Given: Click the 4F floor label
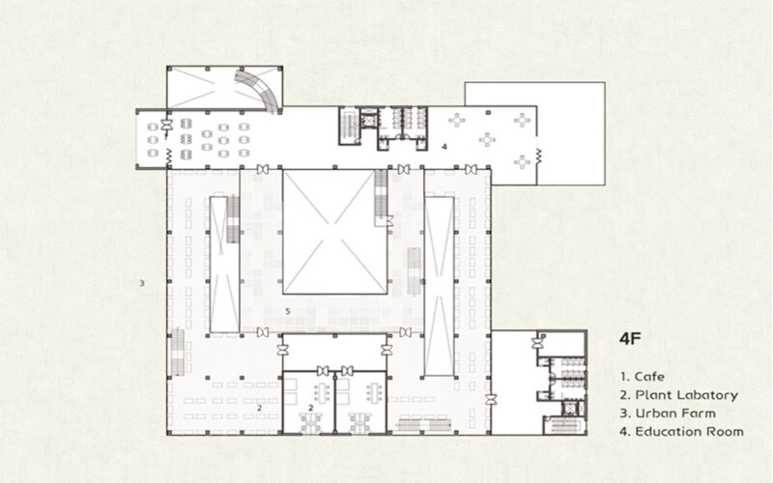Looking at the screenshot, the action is point(630,339).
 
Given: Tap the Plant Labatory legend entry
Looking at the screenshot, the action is point(679,395).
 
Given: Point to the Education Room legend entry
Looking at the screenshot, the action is point(682,432).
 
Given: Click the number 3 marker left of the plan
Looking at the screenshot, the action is point(141,283).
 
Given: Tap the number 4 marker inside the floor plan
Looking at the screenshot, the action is point(444,147).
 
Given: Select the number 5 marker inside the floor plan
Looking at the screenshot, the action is point(288,311).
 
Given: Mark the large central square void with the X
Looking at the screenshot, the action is point(334,232).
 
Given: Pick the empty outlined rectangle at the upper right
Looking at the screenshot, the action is point(570,133).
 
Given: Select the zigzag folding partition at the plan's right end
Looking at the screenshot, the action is point(538,156).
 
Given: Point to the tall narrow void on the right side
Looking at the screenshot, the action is point(440,286).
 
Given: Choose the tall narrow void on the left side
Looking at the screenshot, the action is point(224,264).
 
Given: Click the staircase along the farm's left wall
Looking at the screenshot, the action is point(178,352).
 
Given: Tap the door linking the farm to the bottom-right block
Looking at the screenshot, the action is point(491,400).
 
